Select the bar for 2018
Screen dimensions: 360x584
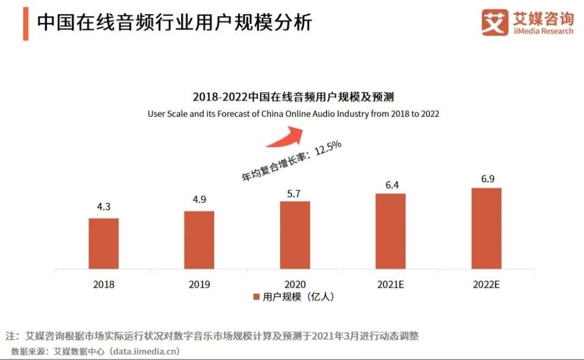[104, 243]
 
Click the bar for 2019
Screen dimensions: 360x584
[199, 239]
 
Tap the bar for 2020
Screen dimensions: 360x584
[295, 235]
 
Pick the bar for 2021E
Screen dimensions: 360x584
[390, 231]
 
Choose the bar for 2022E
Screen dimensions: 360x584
[486, 228]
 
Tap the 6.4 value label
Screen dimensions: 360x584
[390, 184]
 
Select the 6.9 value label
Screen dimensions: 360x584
[487, 179]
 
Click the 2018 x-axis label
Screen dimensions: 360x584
[104, 284]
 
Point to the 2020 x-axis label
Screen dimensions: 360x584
[295, 284]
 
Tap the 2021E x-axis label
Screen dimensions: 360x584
[390, 284]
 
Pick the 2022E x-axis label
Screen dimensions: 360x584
[486, 284]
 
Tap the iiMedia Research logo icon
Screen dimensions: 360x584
[495, 23]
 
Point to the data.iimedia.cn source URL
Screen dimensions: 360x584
[145, 351]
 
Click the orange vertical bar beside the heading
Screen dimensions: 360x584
[25, 24]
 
